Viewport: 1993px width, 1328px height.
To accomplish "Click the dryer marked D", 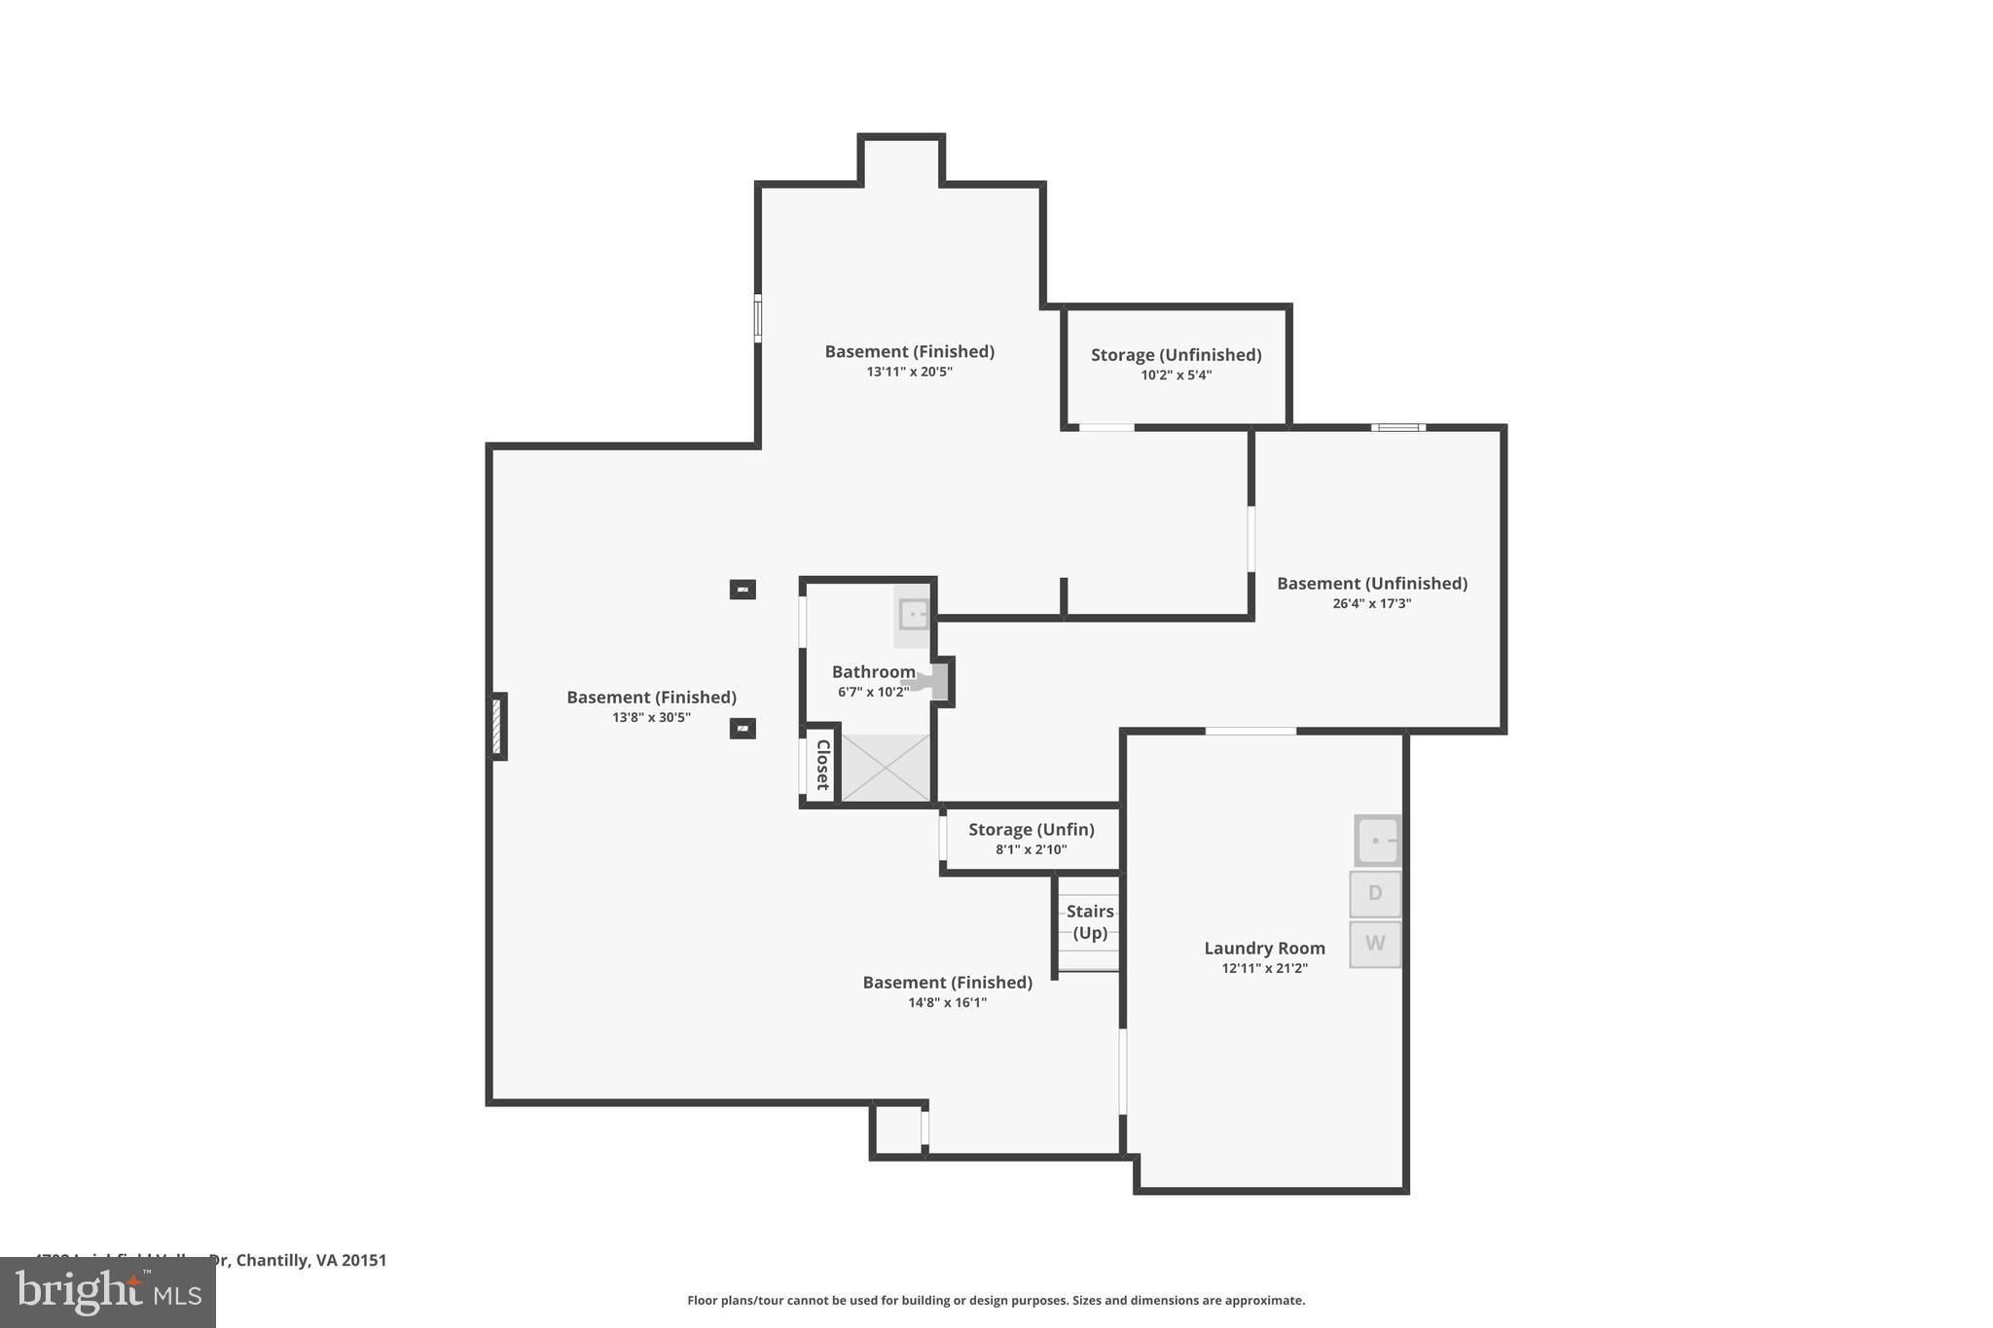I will pos(1374,893).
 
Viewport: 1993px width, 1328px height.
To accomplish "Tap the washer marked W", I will pos(1374,944).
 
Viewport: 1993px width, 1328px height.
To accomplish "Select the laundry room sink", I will pos(1377,841).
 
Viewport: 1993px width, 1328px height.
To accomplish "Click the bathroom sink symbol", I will pos(914,615).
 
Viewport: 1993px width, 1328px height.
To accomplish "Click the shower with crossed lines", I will pos(885,769).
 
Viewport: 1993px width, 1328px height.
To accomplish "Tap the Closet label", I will pos(821,765).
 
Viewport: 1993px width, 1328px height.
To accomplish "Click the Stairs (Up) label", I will pos(1089,921).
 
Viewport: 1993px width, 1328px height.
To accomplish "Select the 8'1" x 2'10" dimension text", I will pos(1031,849).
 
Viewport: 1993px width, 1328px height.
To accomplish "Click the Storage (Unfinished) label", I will pos(1176,355).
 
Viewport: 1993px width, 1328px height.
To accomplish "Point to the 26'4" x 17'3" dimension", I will pos(1371,603).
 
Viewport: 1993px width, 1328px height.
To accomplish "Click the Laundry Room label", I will pos(1264,948).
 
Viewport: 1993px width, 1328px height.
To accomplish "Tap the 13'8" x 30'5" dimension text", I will pos(651,717).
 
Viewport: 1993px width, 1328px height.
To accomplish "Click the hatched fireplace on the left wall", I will pos(496,727).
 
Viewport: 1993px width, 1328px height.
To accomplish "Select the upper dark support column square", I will pos(743,590).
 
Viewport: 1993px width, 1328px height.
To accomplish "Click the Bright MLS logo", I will pos(108,1292).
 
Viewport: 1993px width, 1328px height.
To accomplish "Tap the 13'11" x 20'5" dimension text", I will pos(909,372).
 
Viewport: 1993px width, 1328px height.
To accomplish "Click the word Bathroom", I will pos(873,671).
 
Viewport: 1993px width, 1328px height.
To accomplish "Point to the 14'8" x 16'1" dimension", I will pos(947,1002).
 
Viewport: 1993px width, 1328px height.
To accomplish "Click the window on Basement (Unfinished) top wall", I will pos(1398,427).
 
